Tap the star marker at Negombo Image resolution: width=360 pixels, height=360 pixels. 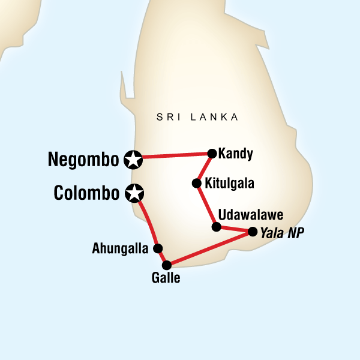(133, 159)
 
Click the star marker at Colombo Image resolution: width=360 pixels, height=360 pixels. (135, 193)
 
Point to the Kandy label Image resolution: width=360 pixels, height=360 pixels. (236, 154)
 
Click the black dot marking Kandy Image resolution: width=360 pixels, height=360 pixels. (211, 153)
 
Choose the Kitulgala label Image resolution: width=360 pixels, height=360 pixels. (229, 184)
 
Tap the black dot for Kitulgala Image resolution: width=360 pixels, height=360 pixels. (196, 183)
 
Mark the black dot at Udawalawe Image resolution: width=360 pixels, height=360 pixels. (217, 226)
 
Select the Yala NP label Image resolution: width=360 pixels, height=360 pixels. (278, 232)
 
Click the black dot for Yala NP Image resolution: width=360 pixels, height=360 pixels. (252, 231)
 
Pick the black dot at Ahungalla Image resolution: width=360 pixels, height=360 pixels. (157, 248)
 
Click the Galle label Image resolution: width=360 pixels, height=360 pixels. (167, 278)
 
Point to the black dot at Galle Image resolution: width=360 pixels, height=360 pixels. (167, 264)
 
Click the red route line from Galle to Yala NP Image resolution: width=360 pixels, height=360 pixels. (209, 248)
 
